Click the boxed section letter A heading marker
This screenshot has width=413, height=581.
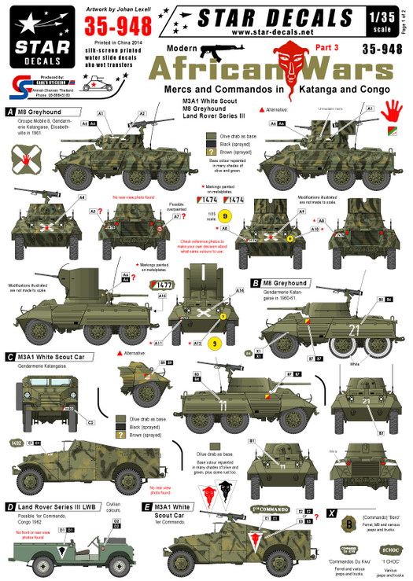click(9, 112)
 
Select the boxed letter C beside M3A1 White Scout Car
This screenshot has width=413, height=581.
click(9, 356)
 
